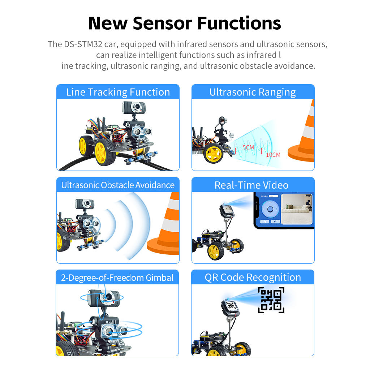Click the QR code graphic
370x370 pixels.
click(271, 300)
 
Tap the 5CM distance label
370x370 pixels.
click(248, 147)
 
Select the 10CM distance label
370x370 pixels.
click(273, 155)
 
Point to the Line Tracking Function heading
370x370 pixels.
click(118, 92)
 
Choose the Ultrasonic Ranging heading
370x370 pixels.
click(253, 92)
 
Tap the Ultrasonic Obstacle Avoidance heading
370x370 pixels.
click(118, 185)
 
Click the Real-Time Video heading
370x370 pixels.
click(251, 185)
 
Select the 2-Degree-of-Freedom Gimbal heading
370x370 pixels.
click(117, 277)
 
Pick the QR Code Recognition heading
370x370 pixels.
click(253, 277)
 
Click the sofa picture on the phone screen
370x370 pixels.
click(296, 210)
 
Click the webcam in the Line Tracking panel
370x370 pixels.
click(132, 107)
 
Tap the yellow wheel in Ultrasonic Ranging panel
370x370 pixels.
click(214, 154)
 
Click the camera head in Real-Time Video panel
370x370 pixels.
click(227, 211)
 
